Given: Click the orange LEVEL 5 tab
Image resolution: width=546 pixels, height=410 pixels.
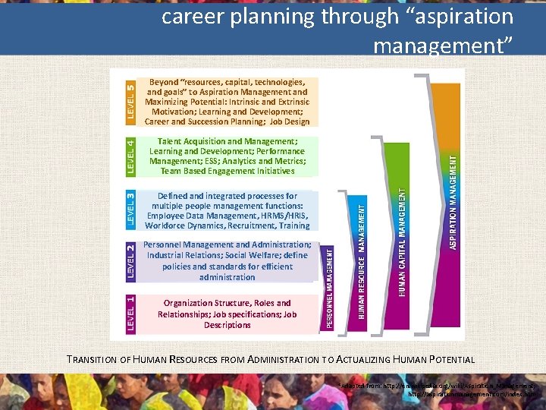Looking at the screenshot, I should pos(130,102).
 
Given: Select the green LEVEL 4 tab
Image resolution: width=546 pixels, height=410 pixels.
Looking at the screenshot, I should pos(130,156).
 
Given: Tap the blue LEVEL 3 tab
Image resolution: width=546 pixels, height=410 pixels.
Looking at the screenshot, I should pos(130,210).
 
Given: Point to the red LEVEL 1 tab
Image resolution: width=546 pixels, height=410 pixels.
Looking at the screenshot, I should pos(130,314).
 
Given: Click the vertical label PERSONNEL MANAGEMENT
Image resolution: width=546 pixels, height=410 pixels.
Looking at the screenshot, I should pos(331,288).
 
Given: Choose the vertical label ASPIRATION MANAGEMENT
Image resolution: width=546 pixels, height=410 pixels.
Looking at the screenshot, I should pos(453,201).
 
